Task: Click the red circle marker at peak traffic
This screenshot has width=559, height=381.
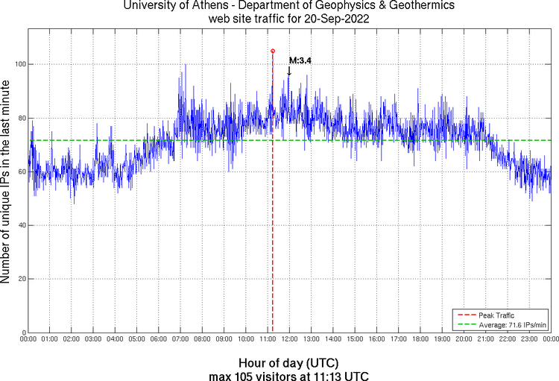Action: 273,51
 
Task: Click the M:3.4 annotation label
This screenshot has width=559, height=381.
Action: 300,60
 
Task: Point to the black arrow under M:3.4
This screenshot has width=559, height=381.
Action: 289,71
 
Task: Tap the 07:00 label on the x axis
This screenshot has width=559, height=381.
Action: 180,339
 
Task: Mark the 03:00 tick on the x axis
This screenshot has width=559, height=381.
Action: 93,339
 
